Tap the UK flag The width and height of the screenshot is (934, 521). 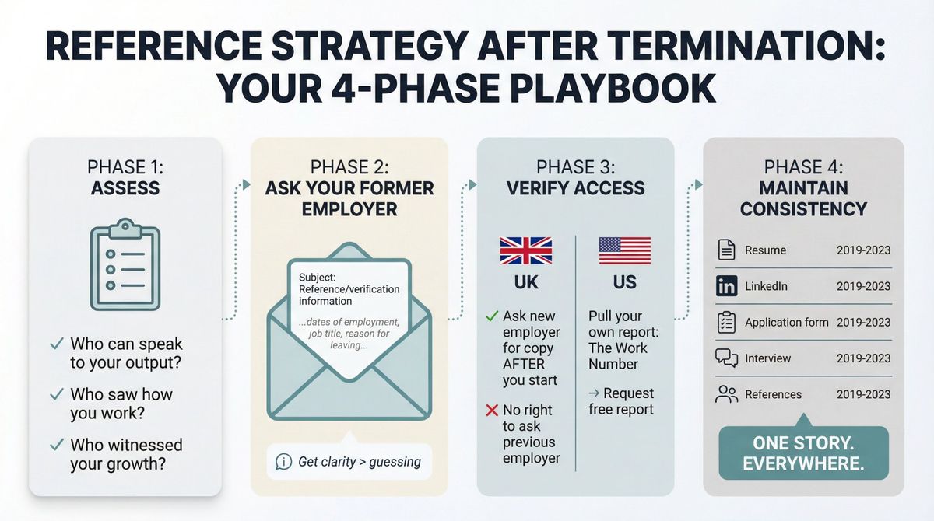click(526, 251)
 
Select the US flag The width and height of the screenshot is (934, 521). click(624, 251)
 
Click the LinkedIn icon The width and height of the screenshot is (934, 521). click(725, 286)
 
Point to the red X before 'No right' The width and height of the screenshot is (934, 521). click(491, 410)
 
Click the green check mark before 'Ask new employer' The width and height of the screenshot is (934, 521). click(491, 316)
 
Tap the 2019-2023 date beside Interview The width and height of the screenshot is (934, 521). click(863, 358)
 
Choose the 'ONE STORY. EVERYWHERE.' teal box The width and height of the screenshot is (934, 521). click(804, 453)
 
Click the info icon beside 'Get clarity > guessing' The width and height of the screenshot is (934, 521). click(283, 462)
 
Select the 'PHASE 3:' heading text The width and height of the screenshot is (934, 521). click(575, 167)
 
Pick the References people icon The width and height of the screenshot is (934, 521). click(725, 394)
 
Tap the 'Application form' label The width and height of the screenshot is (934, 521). click(786, 322)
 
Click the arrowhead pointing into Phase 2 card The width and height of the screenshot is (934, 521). click(246, 184)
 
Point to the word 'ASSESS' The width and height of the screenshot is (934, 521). click(125, 187)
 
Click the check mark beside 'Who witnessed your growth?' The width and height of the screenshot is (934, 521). click(56, 445)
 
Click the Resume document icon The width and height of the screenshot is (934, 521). click(725, 250)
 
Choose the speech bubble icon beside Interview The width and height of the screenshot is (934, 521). click(725, 358)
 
